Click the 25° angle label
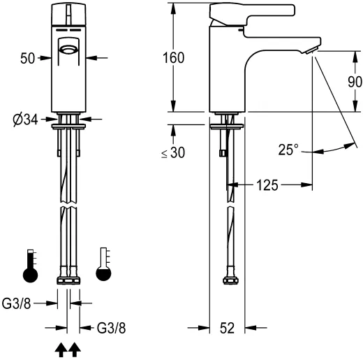pos(288,150)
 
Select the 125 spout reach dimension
pos(268,185)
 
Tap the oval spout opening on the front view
pos(68,49)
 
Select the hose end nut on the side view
pos(228,281)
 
